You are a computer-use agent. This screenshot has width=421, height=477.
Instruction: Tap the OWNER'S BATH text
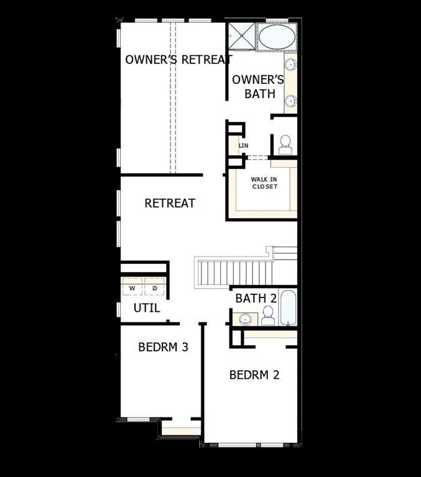[258, 87]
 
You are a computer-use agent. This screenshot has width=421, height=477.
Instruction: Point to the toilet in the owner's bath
[285, 145]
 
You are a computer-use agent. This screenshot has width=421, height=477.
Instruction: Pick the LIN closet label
[244, 145]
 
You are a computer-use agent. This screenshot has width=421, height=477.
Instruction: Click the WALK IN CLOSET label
[264, 183]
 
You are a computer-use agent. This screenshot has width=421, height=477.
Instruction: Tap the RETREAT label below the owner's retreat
[170, 203]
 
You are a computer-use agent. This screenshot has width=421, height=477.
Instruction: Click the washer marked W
[132, 289]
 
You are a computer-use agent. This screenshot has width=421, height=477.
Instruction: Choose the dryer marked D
[155, 289]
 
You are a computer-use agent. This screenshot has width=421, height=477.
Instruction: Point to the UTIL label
[147, 308]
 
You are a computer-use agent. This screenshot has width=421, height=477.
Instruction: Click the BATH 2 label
[256, 298]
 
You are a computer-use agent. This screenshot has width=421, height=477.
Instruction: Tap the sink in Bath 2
[245, 319]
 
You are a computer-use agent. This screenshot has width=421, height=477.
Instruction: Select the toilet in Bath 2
[268, 318]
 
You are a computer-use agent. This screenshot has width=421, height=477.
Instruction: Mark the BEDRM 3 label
[163, 347]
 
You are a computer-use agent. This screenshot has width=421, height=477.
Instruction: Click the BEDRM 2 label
[254, 375]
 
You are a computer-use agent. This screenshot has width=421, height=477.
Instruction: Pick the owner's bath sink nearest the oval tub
[290, 64]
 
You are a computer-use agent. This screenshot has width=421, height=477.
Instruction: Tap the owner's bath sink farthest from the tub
[290, 99]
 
